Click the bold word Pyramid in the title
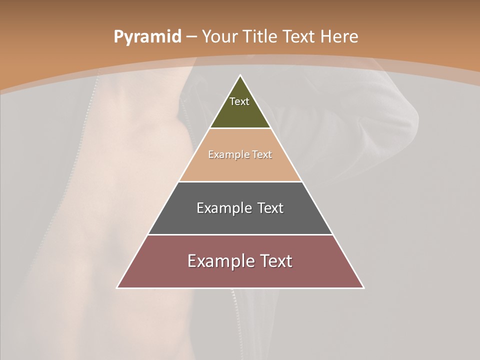147,36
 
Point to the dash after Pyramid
191,37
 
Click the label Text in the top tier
239,101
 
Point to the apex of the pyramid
240,76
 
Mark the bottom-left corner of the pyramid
117,287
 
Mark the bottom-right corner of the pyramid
363,287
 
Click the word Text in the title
299,36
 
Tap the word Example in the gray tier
223,208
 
